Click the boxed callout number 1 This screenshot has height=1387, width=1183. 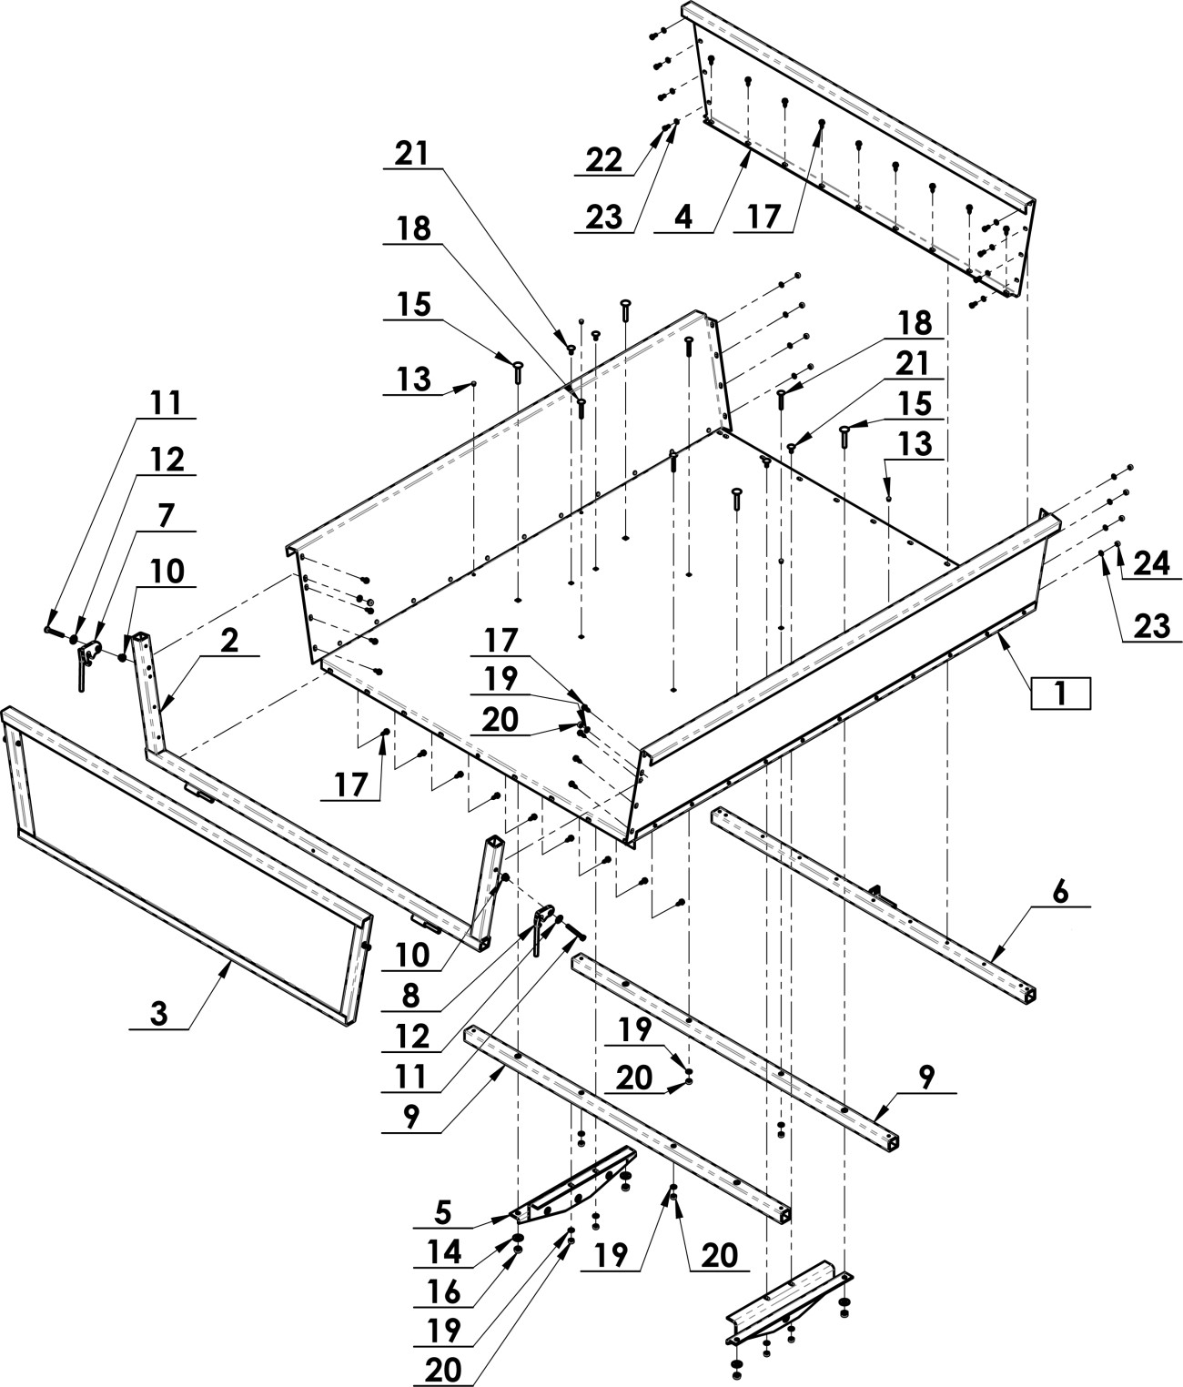(x=1060, y=693)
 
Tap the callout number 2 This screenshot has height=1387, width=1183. (x=229, y=640)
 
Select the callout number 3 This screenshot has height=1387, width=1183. (x=158, y=1015)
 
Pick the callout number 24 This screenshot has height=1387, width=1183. (x=1151, y=565)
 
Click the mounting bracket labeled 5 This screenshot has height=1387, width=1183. (x=573, y=1183)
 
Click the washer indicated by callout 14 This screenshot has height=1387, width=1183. (x=516, y=1240)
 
